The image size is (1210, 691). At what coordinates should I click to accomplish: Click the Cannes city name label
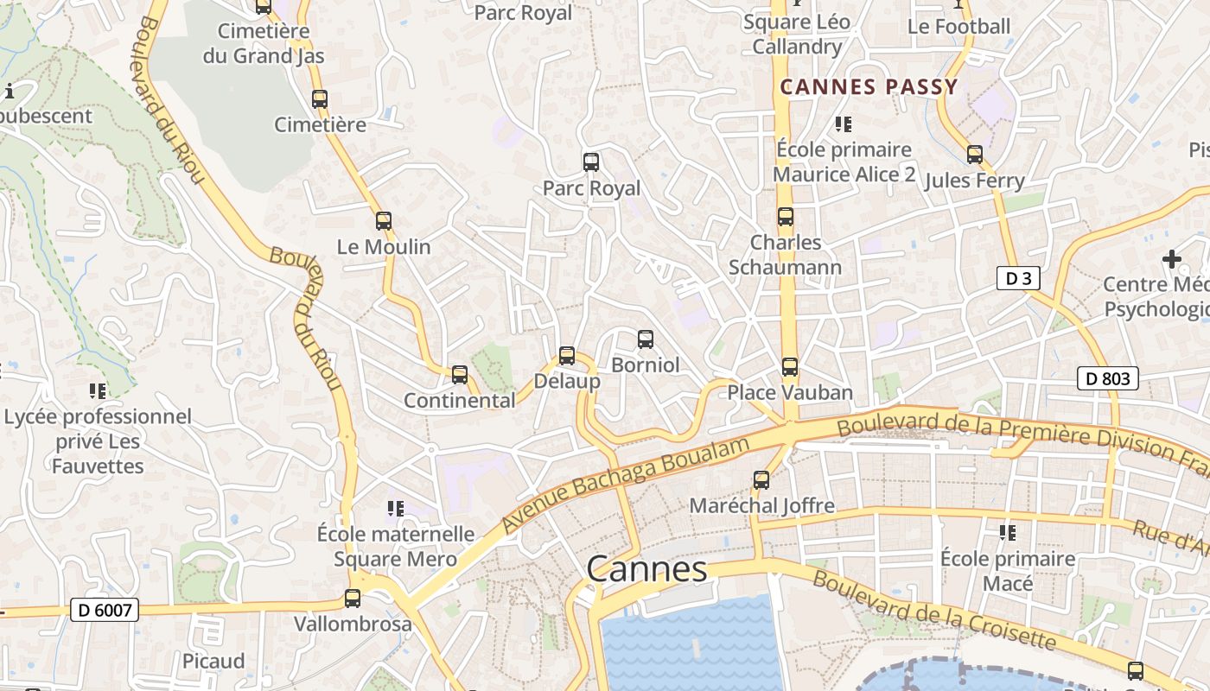point(646,569)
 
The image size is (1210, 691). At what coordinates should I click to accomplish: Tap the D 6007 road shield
point(105,611)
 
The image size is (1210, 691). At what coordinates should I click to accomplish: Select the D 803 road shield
point(1107,378)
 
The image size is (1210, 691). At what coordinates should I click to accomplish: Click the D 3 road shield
point(1017,278)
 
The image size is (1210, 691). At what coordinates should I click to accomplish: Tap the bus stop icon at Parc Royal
point(591,162)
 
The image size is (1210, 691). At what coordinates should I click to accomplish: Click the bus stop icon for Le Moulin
point(384,221)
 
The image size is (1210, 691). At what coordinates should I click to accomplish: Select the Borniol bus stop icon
point(646,339)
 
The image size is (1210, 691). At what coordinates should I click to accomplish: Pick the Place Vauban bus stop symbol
point(790,367)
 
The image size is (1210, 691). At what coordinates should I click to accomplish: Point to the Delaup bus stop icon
point(567,355)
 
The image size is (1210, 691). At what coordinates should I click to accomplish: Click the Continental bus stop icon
point(460,375)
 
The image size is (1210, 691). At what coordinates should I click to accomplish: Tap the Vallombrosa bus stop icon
point(353,598)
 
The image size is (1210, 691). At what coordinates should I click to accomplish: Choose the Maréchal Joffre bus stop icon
point(761,479)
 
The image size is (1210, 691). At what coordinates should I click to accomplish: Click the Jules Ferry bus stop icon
point(975,155)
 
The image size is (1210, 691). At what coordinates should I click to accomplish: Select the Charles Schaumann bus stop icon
point(786,217)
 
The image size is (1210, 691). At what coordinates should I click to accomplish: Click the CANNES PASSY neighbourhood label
point(869,86)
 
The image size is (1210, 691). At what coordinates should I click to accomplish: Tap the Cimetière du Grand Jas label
point(264,44)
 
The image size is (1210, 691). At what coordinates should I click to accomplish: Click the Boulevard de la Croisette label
point(933,611)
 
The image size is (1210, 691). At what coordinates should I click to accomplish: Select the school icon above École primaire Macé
point(1007,533)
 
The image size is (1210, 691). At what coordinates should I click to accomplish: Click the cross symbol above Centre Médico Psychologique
point(1172,258)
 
